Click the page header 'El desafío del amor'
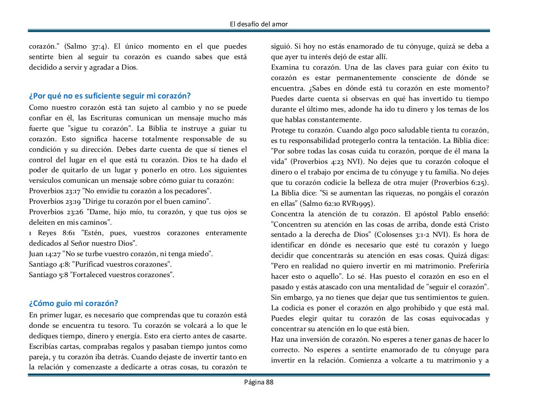[259, 24]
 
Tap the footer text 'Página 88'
[259, 382]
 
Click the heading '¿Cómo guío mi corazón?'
[73, 303]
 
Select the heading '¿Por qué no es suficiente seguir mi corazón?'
[109, 96]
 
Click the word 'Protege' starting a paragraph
[283, 130]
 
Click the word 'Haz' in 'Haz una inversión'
[277, 340]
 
